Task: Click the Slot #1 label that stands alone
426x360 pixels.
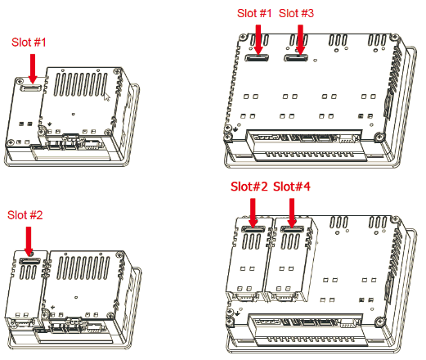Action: click(x=30, y=41)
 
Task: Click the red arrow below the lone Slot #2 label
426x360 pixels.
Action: click(x=29, y=239)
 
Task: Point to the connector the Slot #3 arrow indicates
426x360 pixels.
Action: click(x=297, y=57)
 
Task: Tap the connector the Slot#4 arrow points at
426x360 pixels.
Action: click(x=292, y=230)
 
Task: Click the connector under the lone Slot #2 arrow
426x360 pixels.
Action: click(x=29, y=259)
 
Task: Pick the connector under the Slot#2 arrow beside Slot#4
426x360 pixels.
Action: click(x=253, y=230)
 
